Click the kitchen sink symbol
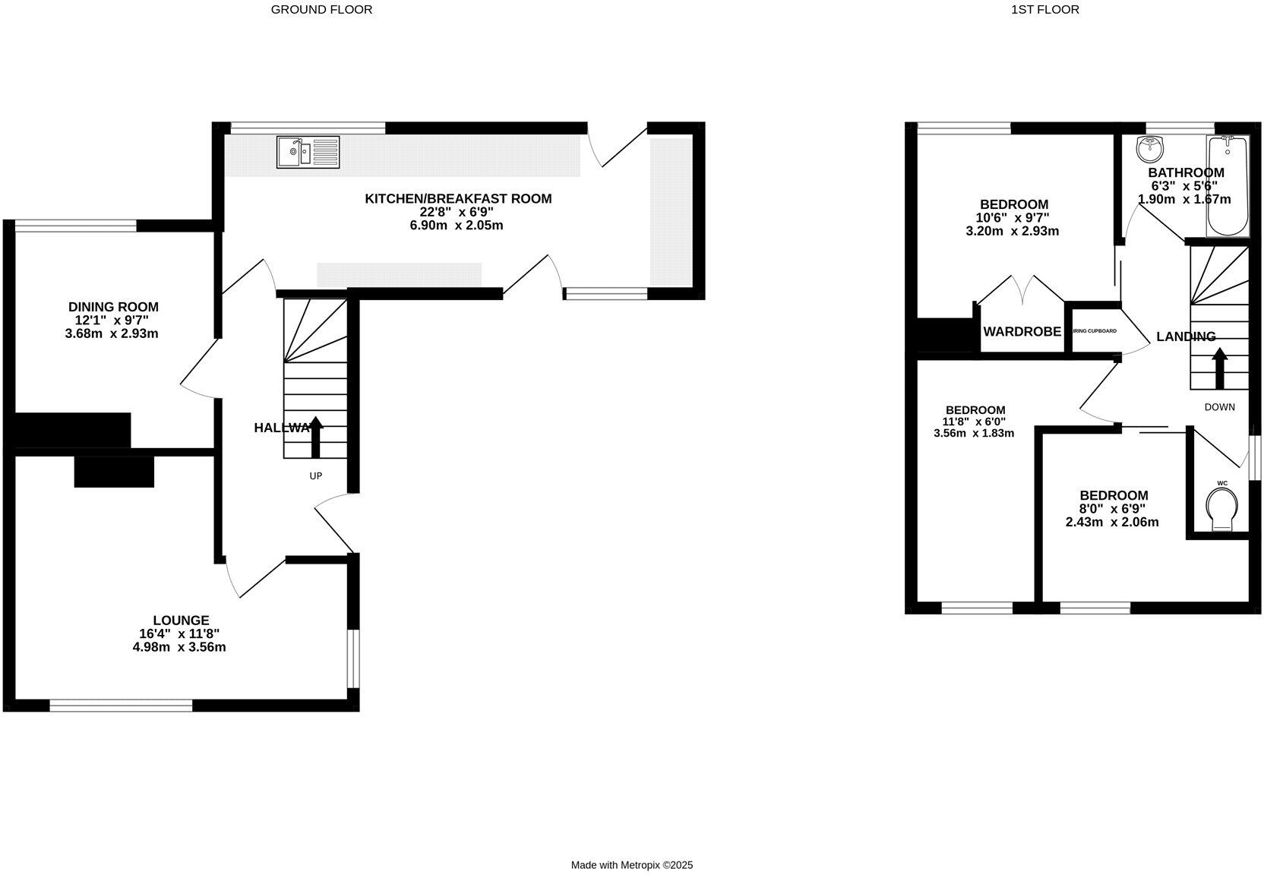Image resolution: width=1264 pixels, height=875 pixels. point(308,152)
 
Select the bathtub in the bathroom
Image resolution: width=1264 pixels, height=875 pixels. point(1228,186)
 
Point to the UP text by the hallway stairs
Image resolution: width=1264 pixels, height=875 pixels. point(315,476)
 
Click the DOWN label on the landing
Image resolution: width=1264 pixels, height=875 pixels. point(1219,407)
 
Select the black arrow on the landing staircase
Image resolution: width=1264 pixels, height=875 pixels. point(1219,368)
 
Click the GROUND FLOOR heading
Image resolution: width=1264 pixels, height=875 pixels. point(321,10)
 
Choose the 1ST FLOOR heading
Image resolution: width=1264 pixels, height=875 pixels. point(1055,10)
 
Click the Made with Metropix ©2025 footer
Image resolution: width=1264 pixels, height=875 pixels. point(632,865)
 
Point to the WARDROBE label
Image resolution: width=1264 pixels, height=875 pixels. point(1022,332)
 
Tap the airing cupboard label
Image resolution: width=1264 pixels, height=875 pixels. point(1094,331)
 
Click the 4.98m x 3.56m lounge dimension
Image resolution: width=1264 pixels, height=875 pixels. point(179,648)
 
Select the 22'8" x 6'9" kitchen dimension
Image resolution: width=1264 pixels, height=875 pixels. point(458,213)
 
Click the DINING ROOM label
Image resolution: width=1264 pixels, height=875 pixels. point(113,307)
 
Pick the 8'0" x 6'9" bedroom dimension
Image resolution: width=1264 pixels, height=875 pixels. point(1114,509)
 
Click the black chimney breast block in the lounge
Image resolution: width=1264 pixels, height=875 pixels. point(114,471)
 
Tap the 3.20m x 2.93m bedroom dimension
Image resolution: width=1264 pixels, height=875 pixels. point(1012,231)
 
